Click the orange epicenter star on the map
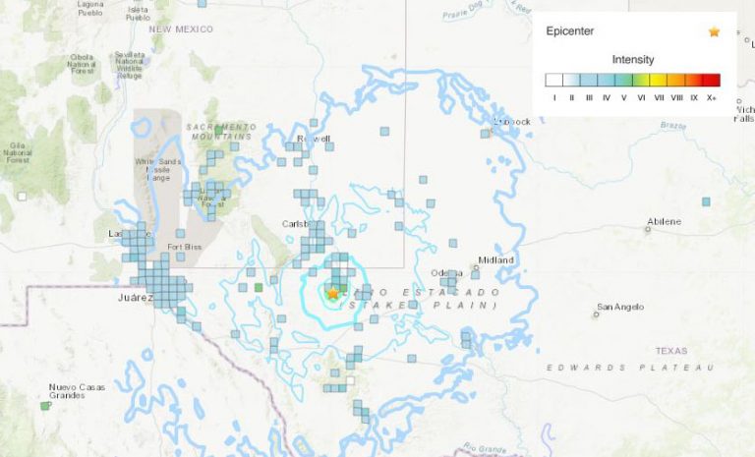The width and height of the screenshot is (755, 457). (x=333, y=293)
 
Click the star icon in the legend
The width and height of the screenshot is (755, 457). (x=714, y=31)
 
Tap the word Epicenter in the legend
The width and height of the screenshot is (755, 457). (x=570, y=31)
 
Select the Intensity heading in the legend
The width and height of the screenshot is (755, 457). (x=632, y=59)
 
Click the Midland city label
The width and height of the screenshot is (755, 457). (x=495, y=260)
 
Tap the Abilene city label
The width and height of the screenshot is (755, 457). (x=664, y=221)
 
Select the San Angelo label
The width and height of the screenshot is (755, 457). (x=621, y=307)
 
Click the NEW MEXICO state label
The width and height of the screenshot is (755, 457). (x=181, y=29)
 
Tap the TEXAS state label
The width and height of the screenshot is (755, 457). (x=672, y=351)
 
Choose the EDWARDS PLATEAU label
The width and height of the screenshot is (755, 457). (x=630, y=368)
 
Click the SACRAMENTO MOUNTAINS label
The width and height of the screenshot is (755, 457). (x=220, y=131)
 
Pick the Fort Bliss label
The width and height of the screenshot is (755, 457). (x=184, y=247)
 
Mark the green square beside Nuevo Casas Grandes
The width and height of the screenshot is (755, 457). (x=45, y=405)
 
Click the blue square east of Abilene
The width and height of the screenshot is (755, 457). (x=706, y=201)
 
